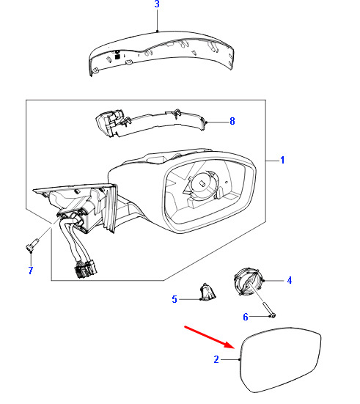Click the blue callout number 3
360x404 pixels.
[x=157, y=4]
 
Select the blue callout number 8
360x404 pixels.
[x=232, y=121]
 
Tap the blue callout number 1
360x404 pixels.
[x=282, y=160]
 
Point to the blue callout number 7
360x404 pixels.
[x=31, y=271]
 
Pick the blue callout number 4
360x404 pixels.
[x=290, y=280]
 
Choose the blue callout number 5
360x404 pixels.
[x=175, y=299]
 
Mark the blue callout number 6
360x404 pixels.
[x=246, y=317]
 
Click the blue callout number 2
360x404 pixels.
[x=216, y=359]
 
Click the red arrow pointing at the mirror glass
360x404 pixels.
[x=209, y=337]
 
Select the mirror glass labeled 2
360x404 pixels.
[x=279, y=359]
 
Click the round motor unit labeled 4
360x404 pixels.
[x=249, y=282]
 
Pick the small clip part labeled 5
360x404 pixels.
[x=207, y=292]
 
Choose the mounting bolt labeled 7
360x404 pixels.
[x=32, y=244]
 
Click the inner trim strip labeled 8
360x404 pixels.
[x=151, y=122]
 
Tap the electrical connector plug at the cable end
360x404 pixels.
[x=86, y=269]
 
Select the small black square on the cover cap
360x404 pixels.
[x=117, y=56]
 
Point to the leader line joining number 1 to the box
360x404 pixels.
[x=273, y=161]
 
